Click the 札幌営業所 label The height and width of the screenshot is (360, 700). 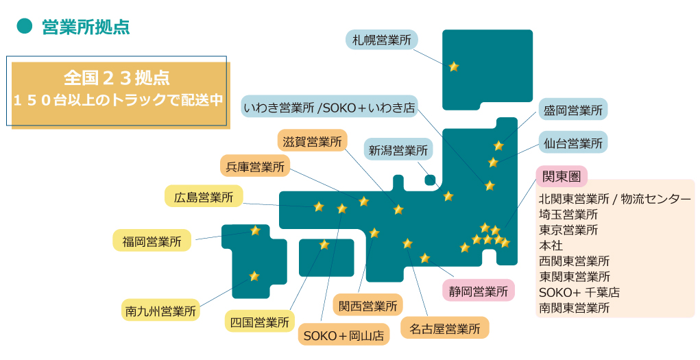pyautogui.click(x=381, y=40)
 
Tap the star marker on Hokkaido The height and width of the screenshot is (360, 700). pyautogui.click(x=453, y=67)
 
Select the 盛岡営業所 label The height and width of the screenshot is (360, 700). pyautogui.click(x=572, y=110)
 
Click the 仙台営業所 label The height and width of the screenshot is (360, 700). pyautogui.click(x=572, y=143)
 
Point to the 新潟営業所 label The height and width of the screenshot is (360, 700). pyautogui.click(x=398, y=149)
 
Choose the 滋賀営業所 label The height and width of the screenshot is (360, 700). pyautogui.click(x=312, y=142)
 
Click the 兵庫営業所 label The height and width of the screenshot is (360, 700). pyautogui.click(x=254, y=167)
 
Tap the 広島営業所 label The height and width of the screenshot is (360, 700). pyautogui.click(x=204, y=197)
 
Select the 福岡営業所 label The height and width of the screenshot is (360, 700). pyautogui.click(x=152, y=241)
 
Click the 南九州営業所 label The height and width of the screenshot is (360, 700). pyautogui.click(x=160, y=310)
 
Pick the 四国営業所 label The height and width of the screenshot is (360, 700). pyautogui.click(x=258, y=321)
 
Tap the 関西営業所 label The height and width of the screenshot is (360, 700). pyautogui.click(x=367, y=305)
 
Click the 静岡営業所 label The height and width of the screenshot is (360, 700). pyautogui.click(x=478, y=291)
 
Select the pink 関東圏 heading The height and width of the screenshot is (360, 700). pyautogui.click(x=561, y=176)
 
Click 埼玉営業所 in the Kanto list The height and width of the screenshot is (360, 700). pyautogui.click(x=568, y=215)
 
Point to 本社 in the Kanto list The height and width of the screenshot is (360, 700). pyautogui.click(x=551, y=245)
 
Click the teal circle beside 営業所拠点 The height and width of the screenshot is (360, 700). pyautogui.click(x=25, y=27)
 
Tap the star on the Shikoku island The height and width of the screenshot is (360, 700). pyautogui.click(x=324, y=244)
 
